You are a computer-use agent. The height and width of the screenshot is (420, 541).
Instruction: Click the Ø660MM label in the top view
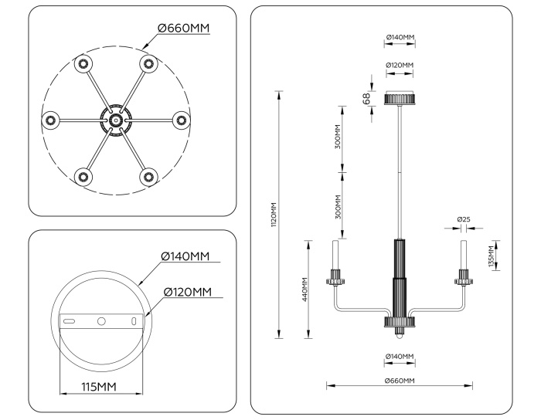point(184,28)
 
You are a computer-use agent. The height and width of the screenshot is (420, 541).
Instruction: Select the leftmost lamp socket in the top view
point(50,120)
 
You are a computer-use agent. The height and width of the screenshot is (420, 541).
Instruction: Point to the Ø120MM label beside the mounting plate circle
point(187,292)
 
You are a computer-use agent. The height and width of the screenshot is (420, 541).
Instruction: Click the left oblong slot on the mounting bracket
point(70,320)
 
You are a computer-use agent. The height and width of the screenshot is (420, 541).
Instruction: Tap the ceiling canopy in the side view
point(400,98)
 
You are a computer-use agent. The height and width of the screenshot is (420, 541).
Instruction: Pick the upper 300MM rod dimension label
point(338,139)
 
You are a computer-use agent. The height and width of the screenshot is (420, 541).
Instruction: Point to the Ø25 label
point(464,219)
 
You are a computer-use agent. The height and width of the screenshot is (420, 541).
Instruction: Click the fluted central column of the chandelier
point(400,278)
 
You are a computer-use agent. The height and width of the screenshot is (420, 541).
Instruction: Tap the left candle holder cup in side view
point(337,277)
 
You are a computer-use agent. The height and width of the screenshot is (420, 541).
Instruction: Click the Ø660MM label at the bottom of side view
point(400,381)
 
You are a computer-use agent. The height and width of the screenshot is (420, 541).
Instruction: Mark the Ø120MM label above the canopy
point(400,65)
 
